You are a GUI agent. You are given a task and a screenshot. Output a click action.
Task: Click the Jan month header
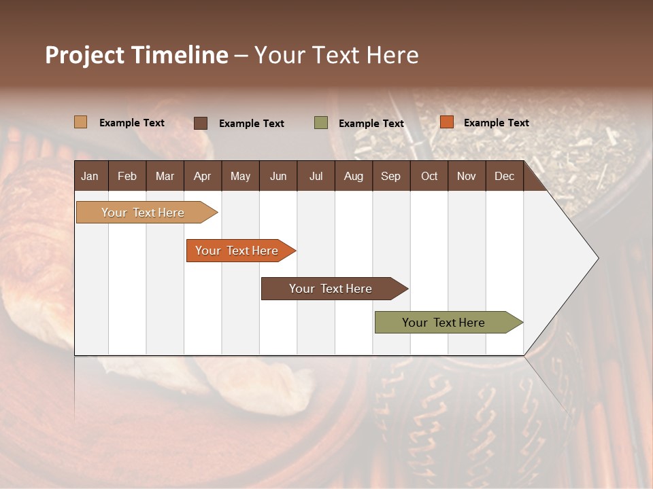[x=90, y=176]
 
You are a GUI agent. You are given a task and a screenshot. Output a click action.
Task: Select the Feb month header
[x=127, y=176]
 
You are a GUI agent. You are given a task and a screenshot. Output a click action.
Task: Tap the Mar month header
[x=165, y=176]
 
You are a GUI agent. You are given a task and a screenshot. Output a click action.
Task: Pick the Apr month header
[x=202, y=176]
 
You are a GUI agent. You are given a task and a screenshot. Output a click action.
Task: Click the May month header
[x=240, y=176]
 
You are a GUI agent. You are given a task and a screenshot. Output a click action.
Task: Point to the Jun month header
[x=278, y=176]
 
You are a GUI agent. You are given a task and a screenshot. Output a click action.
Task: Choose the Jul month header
[x=316, y=176]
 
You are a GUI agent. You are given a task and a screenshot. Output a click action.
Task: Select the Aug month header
[x=353, y=176]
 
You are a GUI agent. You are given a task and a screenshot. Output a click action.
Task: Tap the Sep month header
[x=390, y=176]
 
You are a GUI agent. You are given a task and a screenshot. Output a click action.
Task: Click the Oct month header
[x=429, y=176]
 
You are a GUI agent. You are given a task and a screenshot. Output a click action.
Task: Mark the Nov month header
[x=467, y=176]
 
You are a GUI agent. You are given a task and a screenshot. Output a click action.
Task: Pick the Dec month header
[x=504, y=176]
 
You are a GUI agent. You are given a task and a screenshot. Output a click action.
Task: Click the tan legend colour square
[x=81, y=122]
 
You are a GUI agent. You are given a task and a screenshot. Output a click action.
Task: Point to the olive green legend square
[x=321, y=122]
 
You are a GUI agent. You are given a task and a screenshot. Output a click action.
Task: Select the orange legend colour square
[x=446, y=122]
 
